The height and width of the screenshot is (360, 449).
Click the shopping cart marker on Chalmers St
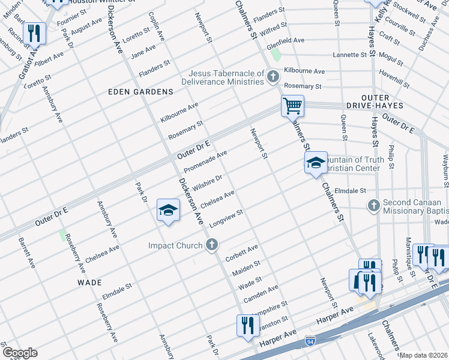[292, 107]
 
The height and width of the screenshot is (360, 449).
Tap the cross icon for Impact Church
[211, 245]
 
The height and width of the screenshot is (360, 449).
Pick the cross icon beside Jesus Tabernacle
[273, 76]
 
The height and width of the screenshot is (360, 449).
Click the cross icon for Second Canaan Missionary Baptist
[373, 206]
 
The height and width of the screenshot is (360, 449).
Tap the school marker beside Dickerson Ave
[169, 211]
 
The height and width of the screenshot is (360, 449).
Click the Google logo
[20, 353]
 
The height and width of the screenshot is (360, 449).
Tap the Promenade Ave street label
[205, 161]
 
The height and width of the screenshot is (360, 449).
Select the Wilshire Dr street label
[207, 181]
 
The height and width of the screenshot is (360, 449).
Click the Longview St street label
[226, 218]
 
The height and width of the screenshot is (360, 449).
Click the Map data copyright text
[424, 355]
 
